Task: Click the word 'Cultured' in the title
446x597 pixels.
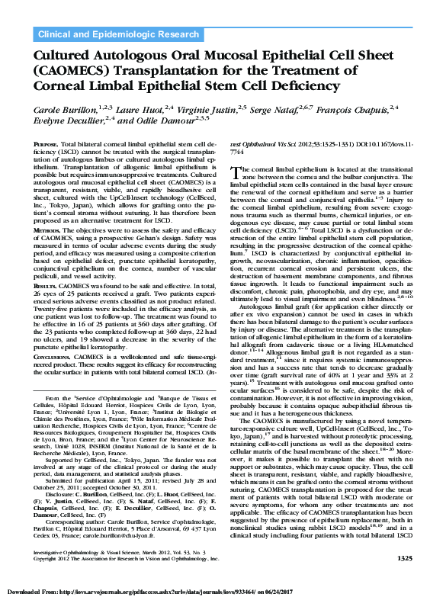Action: click(68, 57)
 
